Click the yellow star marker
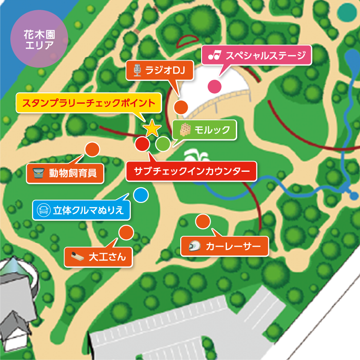152,128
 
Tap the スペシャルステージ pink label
257,56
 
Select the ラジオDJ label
160,70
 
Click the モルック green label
204,130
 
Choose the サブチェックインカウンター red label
191,171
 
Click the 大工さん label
98,257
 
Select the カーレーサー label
225,246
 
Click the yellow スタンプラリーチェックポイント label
88,103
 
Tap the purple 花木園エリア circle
39,39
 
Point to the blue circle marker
141,194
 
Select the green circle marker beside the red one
163,144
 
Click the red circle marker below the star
142,144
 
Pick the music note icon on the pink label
214,56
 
